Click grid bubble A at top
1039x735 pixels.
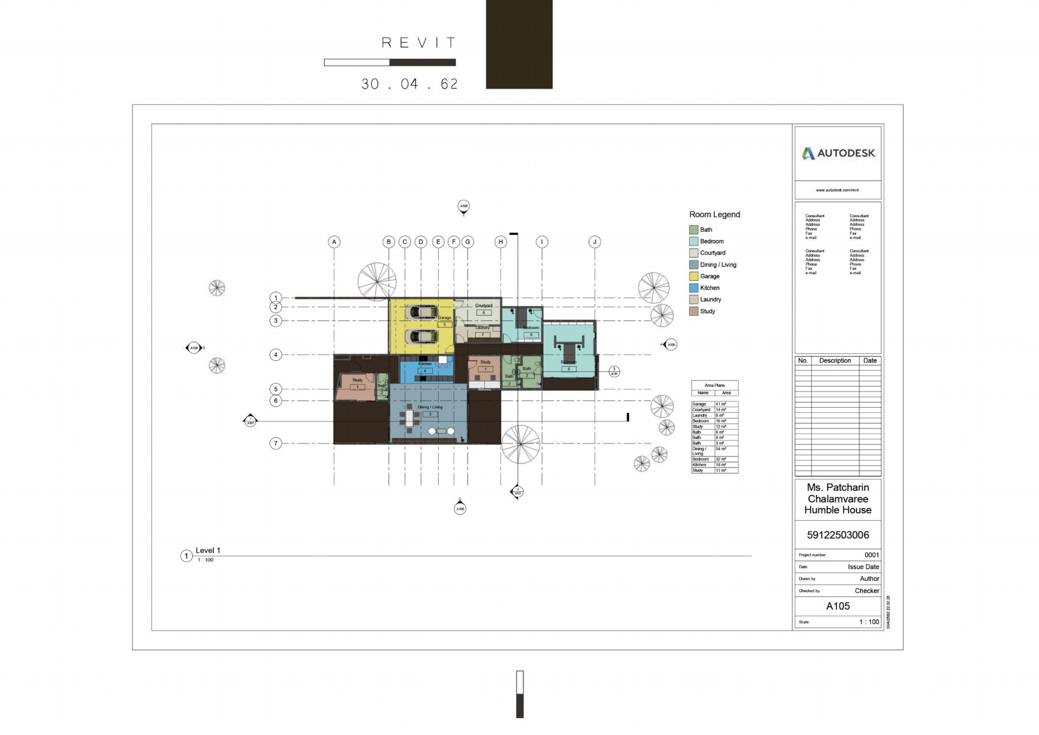334,242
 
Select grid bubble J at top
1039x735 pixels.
595,242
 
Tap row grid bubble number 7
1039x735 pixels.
276,443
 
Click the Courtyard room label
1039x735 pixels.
484,305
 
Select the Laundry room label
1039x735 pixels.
482,328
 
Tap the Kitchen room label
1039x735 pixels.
425,364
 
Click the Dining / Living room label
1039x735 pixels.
429,407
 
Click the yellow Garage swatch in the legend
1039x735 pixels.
694,277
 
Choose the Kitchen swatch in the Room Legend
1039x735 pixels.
694,288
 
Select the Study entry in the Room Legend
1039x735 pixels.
707,311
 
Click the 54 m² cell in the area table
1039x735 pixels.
721,449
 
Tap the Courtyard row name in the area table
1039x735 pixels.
701,410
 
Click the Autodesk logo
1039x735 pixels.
838,154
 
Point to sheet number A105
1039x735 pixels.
838,606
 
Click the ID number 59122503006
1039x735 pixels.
838,535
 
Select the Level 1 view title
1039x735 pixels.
208,551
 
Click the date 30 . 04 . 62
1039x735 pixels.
410,84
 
